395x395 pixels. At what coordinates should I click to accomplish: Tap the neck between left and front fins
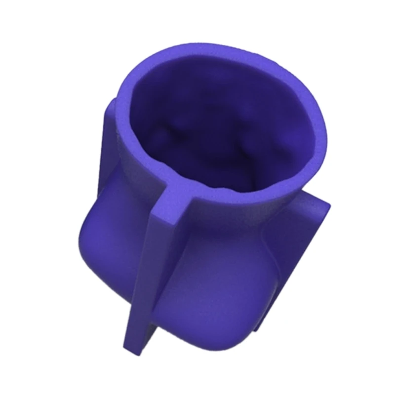133,183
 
